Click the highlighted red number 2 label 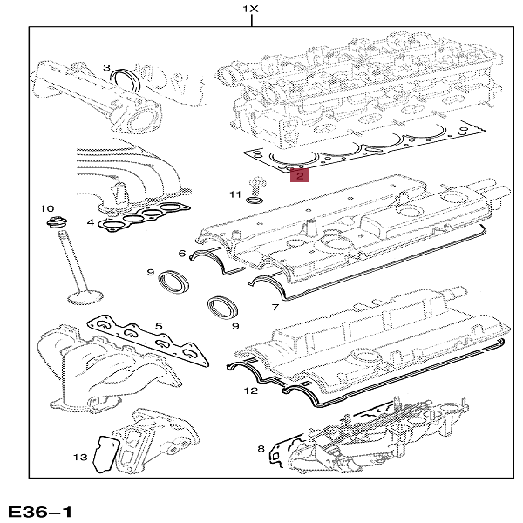[299, 176]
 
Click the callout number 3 [106, 68]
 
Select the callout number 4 [90, 223]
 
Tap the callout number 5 [159, 327]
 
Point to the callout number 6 [182, 254]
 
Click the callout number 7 [275, 308]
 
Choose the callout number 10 [49, 210]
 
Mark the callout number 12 [250, 391]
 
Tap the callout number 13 [80, 456]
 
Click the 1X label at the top [251, 10]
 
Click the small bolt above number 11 [255, 185]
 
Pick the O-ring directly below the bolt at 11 [255, 200]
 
